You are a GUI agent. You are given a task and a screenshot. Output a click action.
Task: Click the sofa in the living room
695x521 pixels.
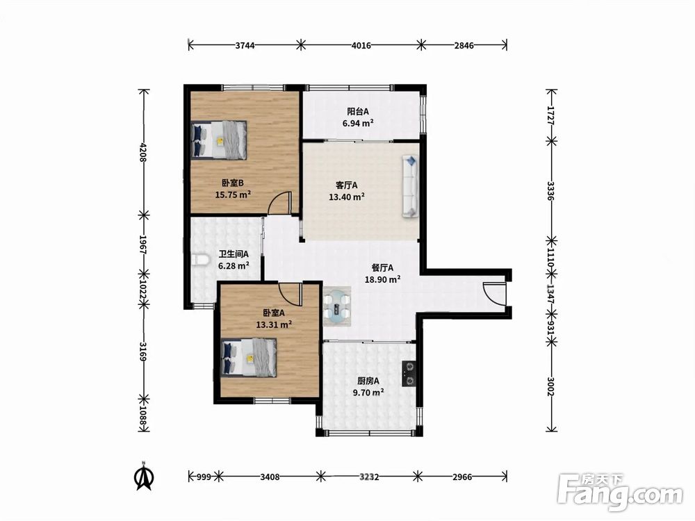click(411, 186)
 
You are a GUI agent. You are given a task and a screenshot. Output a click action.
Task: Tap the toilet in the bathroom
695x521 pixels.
click(201, 260)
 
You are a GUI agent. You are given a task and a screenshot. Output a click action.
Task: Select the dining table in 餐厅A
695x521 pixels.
click(337, 306)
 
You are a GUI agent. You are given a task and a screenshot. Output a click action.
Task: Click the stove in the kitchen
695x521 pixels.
click(409, 374)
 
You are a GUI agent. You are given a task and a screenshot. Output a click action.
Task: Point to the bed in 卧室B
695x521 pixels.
click(218, 140)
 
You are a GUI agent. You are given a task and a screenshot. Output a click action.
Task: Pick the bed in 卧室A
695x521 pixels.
click(249, 358)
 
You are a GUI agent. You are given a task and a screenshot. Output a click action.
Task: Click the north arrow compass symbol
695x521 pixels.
click(144, 477)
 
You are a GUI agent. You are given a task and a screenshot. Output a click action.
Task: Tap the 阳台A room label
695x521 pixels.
click(358, 112)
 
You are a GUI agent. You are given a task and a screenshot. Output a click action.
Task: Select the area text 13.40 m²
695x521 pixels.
click(347, 197)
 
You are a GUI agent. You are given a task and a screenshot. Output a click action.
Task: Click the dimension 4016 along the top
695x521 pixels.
click(361, 45)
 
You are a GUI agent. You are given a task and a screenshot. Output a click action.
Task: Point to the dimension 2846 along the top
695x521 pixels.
click(464, 45)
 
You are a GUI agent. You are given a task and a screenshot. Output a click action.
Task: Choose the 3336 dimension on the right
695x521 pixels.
click(550, 191)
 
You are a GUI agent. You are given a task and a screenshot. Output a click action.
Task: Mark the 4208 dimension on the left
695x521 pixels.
click(142, 152)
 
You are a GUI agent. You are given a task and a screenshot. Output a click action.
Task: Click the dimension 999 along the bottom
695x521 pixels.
click(204, 477)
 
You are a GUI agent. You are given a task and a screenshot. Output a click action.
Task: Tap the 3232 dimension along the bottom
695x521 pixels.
click(369, 477)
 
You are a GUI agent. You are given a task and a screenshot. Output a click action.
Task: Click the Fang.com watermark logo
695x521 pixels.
click(620, 493)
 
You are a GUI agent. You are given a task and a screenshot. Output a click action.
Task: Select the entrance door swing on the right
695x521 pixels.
click(493, 293)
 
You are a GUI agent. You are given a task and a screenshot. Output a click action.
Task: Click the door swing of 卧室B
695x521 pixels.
click(280, 203)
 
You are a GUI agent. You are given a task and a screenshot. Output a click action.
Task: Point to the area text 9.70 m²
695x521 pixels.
click(368, 392)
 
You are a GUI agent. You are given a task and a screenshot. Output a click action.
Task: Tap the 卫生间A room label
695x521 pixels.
click(234, 254)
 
